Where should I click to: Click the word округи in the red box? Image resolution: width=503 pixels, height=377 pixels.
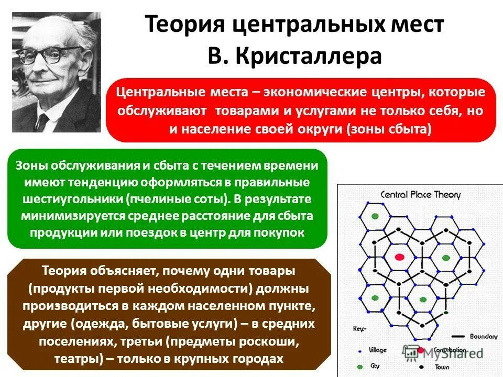click(320, 129)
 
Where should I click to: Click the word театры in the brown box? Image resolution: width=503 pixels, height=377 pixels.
click(76, 359)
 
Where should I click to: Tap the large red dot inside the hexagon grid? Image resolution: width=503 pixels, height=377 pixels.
click(399, 257)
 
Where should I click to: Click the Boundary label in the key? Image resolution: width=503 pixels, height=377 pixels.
click(483, 337)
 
